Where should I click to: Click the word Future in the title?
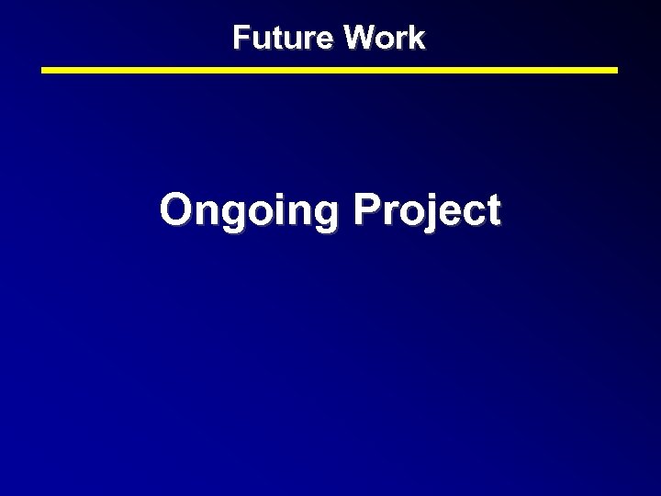click(284, 38)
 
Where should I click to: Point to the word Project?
click(427, 210)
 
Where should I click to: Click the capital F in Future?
click(241, 38)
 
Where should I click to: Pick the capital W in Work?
click(359, 38)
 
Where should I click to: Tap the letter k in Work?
click(417, 38)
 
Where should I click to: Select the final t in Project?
click(493, 211)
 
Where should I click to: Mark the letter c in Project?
click(473, 213)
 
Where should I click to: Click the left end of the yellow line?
click(44, 70)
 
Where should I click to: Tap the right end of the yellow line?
click(616, 70)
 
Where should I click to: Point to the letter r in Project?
click(389, 213)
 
